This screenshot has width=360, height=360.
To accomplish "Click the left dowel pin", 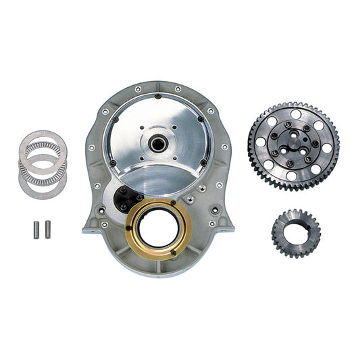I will click(37, 229).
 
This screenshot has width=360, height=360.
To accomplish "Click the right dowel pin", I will click(48, 229).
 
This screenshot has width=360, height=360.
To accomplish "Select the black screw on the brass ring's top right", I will click(174, 202).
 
